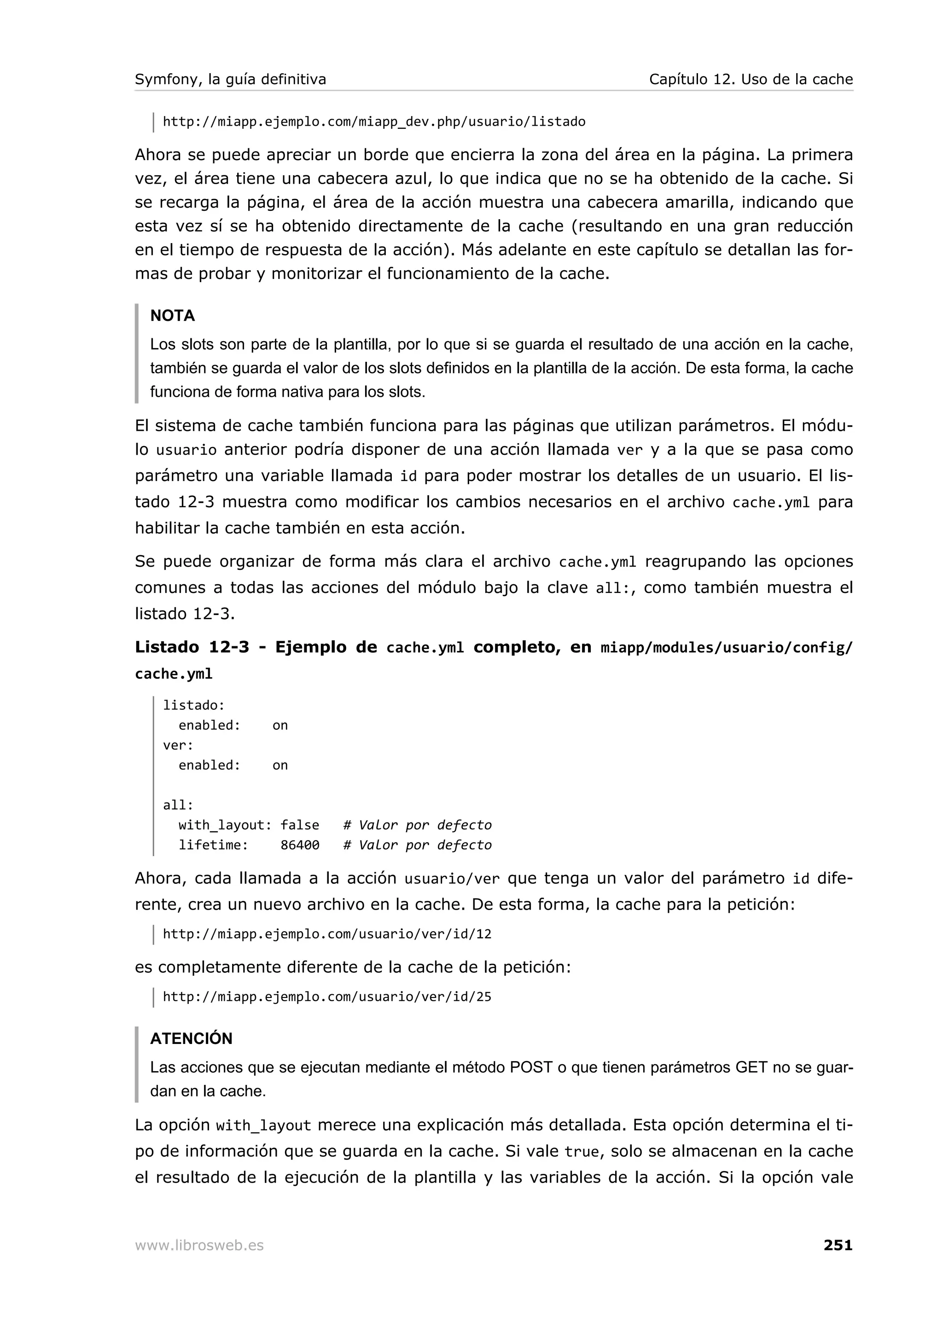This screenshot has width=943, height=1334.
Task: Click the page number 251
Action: (x=837, y=1245)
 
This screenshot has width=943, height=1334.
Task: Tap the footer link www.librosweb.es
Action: (x=199, y=1246)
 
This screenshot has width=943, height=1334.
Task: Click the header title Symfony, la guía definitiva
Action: (x=230, y=79)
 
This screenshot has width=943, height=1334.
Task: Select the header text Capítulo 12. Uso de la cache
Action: (x=750, y=79)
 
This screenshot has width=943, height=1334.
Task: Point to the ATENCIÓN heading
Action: (x=191, y=1038)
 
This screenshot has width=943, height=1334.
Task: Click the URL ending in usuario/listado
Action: (x=373, y=122)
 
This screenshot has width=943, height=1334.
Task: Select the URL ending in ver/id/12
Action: (x=326, y=934)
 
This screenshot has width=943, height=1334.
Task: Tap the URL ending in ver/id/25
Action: (x=326, y=997)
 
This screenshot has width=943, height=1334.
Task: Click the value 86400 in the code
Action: (x=300, y=845)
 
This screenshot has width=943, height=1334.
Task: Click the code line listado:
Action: (x=193, y=705)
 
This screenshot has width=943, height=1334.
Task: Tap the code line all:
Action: (x=178, y=805)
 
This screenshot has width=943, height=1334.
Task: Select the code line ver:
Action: (x=178, y=745)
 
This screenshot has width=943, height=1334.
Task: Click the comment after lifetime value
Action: (x=417, y=845)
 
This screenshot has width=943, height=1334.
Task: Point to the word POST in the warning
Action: (x=530, y=1067)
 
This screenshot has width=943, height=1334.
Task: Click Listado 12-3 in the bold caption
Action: (x=192, y=647)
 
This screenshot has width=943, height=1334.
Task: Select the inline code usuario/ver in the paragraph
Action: (x=451, y=879)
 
